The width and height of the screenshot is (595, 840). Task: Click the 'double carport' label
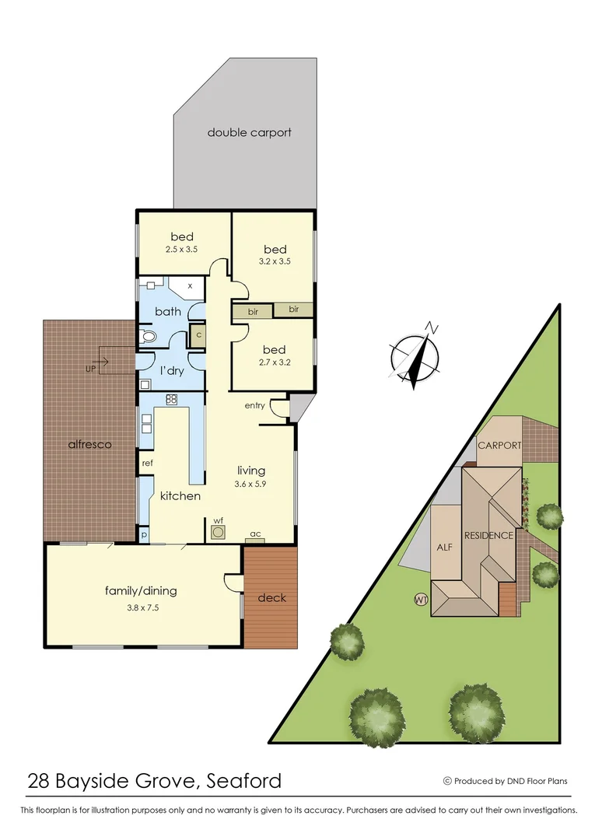(x=249, y=132)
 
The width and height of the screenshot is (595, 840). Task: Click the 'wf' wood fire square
(x=219, y=532)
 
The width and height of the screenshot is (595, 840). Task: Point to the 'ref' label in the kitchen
(x=146, y=463)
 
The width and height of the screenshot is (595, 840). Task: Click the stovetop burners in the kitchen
(x=172, y=400)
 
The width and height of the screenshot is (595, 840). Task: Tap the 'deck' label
(x=271, y=597)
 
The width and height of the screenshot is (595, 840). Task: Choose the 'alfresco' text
(x=89, y=445)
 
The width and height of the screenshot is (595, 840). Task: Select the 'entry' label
(x=254, y=405)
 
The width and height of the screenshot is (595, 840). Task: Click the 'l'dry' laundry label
(x=171, y=371)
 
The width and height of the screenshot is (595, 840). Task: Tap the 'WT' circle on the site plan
(x=422, y=600)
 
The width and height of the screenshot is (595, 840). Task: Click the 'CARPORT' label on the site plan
(x=499, y=446)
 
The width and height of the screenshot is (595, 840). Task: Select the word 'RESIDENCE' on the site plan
(x=488, y=535)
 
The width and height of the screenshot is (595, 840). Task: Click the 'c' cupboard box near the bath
(x=198, y=335)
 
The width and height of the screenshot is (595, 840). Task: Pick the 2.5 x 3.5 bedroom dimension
(x=183, y=250)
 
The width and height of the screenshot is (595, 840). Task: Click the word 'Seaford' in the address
(x=244, y=780)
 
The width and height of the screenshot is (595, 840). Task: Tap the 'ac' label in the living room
(x=254, y=534)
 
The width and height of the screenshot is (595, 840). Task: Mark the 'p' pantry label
(x=144, y=535)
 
